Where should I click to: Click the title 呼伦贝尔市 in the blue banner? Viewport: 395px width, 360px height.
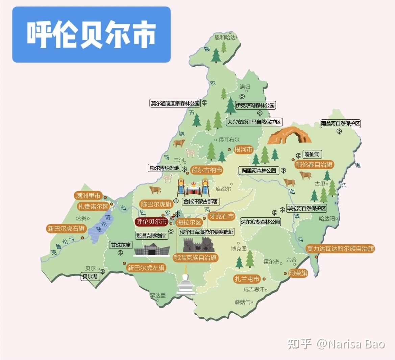91,34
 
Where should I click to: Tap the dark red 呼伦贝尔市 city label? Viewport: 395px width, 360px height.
152,222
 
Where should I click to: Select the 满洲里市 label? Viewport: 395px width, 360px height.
88,196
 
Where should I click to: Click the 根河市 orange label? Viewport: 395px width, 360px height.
243,149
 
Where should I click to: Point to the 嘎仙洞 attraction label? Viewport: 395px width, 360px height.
312,154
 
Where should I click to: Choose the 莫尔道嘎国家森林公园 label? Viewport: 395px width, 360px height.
175,103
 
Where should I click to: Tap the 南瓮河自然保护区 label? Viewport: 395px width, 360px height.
341,123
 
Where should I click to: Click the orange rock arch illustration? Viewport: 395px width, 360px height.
289,135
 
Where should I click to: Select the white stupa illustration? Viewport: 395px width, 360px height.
186,282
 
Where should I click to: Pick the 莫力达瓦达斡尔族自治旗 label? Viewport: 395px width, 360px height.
340,249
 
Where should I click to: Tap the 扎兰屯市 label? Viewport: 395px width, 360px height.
247,279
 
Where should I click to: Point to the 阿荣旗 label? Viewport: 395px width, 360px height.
298,273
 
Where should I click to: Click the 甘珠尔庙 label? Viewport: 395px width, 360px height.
121,245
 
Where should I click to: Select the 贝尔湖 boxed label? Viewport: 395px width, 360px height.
90,277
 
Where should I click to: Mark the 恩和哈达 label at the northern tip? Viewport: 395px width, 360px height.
225,37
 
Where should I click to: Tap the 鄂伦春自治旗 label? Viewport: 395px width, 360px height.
314,165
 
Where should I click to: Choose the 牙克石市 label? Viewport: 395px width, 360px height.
222,216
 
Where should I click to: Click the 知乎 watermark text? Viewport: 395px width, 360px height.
299,344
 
